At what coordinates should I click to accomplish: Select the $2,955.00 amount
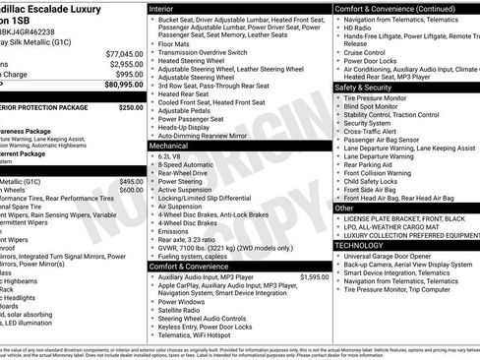point(126,63)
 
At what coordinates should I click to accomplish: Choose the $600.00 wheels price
point(131,192)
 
